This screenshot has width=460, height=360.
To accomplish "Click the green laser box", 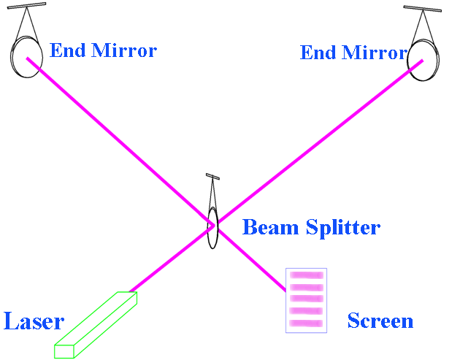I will (95, 325).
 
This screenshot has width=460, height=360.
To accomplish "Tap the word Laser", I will (34, 321).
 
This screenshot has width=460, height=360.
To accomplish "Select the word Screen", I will (380, 321).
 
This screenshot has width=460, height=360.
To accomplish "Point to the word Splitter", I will (342, 227).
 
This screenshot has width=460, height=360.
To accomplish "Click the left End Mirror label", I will (103, 50).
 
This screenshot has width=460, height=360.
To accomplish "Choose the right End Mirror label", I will (353, 53).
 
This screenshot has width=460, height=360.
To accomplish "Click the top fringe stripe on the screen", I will (307, 275).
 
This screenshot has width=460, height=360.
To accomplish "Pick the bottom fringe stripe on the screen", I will (307, 322).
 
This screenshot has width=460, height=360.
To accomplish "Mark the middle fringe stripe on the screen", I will (307, 299).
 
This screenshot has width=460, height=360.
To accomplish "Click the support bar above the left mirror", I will (27, 7).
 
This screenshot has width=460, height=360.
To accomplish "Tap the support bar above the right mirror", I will (423, 9).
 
